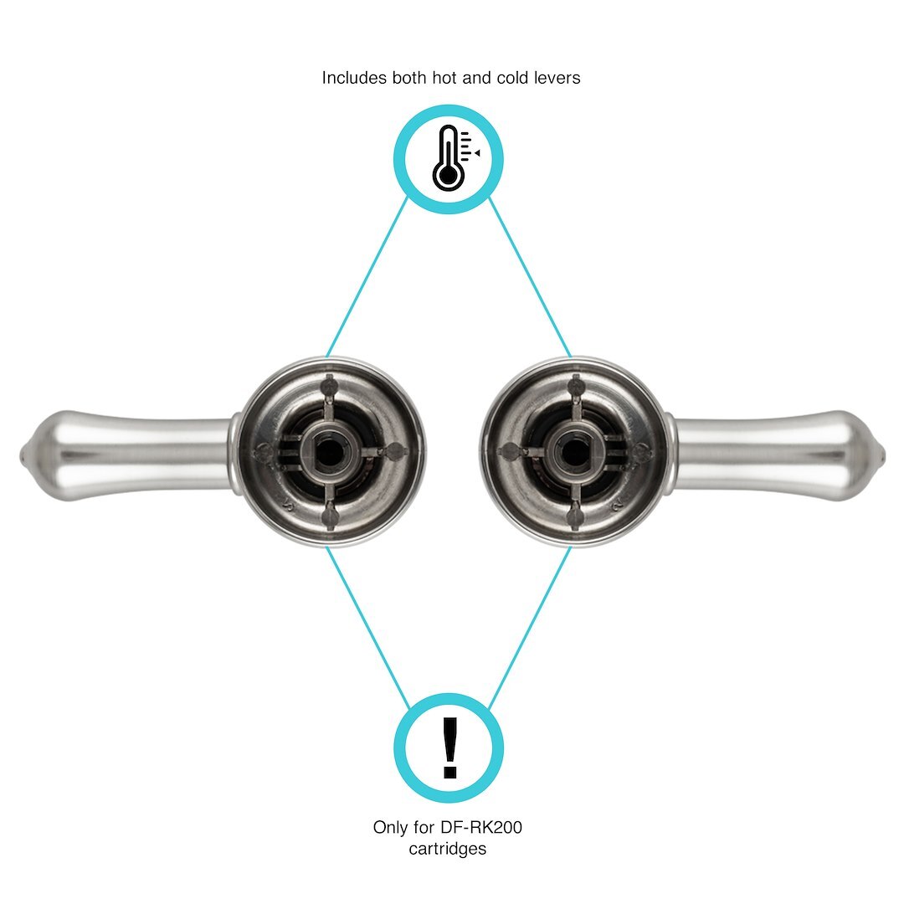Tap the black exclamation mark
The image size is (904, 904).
(x=449, y=747)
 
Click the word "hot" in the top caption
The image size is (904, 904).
(x=444, y=78)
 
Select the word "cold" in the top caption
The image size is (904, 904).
(x=511, y=78)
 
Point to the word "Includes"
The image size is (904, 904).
(x=354, y=78)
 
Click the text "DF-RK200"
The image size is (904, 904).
(x=480, y=827)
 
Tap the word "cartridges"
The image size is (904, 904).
(x=447, y=849)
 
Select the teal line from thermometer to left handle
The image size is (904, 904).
(x=367, y=277)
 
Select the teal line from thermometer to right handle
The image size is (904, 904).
(x=530, y=277)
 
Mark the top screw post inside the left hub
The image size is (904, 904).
(x=329, y=384)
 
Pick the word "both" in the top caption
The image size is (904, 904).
(x=408, y=78)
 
